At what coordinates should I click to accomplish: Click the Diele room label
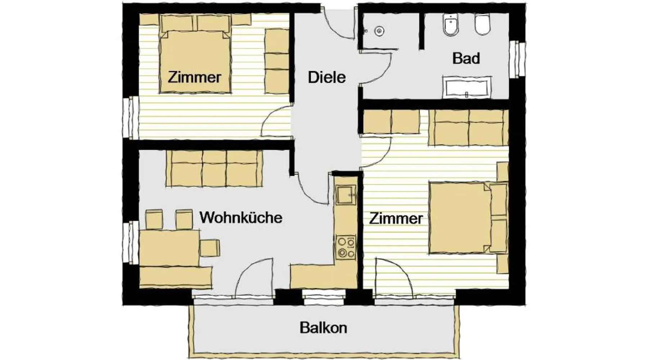[327, 77]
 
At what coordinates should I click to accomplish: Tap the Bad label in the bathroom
[466, 58]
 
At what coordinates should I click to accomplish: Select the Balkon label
[323, 328]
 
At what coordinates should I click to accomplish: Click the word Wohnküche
[241, 217]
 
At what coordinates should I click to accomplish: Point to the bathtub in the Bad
[467, 87]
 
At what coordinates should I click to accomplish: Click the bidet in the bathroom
[450, 24]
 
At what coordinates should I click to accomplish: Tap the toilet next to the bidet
[482, 24]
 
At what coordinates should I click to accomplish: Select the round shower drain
[378, 31]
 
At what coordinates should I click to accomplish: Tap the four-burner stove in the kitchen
[346, 247]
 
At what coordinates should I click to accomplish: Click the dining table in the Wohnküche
[169, 248]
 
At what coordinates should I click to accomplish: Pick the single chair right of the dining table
[210, 248]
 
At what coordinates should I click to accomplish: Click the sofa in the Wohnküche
[214, 168]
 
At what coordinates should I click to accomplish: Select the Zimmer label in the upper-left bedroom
[194, 77]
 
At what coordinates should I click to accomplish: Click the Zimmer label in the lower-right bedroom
[396, 219]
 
